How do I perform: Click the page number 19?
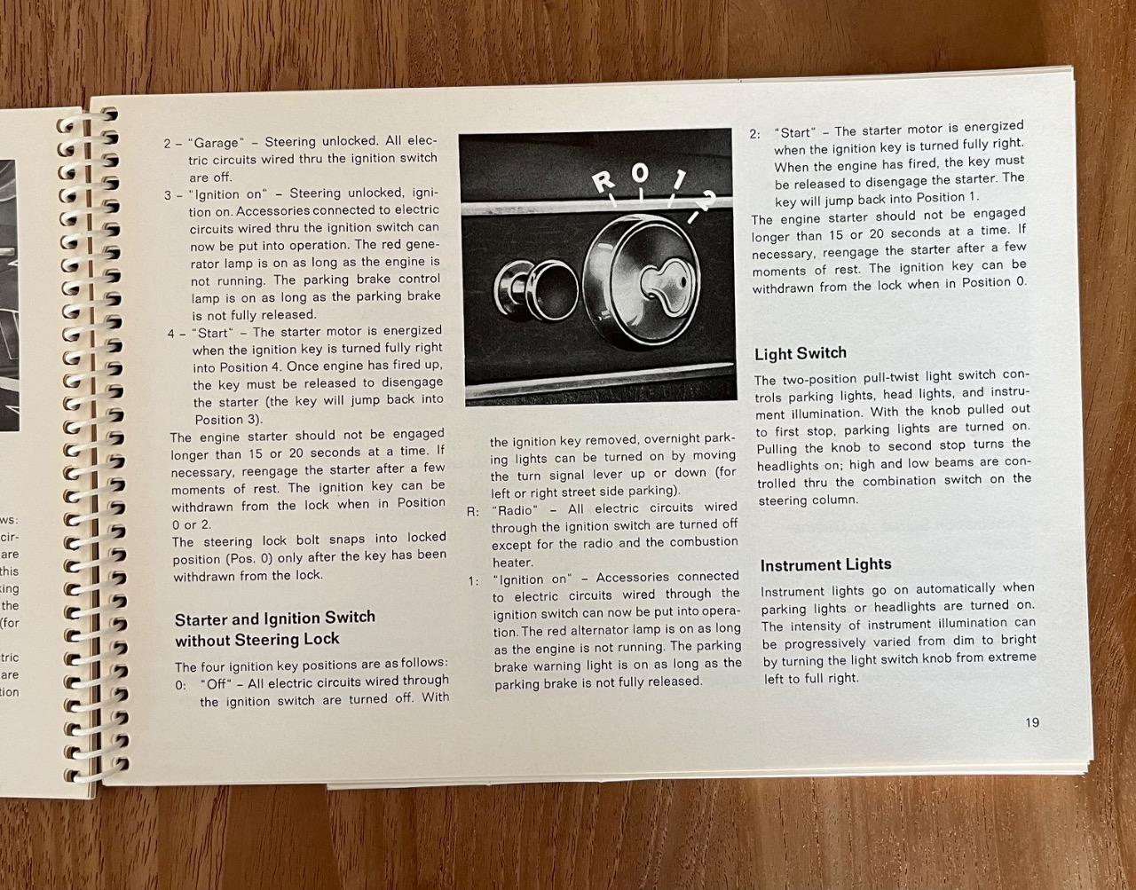pyautogui.click(x=1032, y=722)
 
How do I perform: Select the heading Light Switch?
pyautogui.click(x=801, y=354)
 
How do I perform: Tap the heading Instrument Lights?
pyautogui.click(x=825, y=565)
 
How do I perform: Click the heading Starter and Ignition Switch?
pyautogui.click(x=275, y=618)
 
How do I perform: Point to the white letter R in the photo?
pyautogui.click(x=604, y=182)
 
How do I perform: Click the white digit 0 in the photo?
pyautogui.click(x=639, y=173)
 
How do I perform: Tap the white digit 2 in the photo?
pyautogui.click(x=708, y=201)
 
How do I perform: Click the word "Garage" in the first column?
pyautogui.click(x=217, y=143)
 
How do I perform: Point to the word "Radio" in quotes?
pyautogui.click(x=515, y=510)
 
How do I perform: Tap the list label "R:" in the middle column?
pyautogui.click(x=473, y=512)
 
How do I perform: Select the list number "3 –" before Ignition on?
pyautogui.click(x=173, y=195)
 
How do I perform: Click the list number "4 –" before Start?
pyautogui.click(x=177, y=334)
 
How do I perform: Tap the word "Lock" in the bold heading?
pyautogui.click(x=320, y=639)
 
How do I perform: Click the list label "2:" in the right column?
pyautogui.click(x=755, y=134)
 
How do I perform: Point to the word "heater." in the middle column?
pyautogui.click(x=513, y=563)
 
